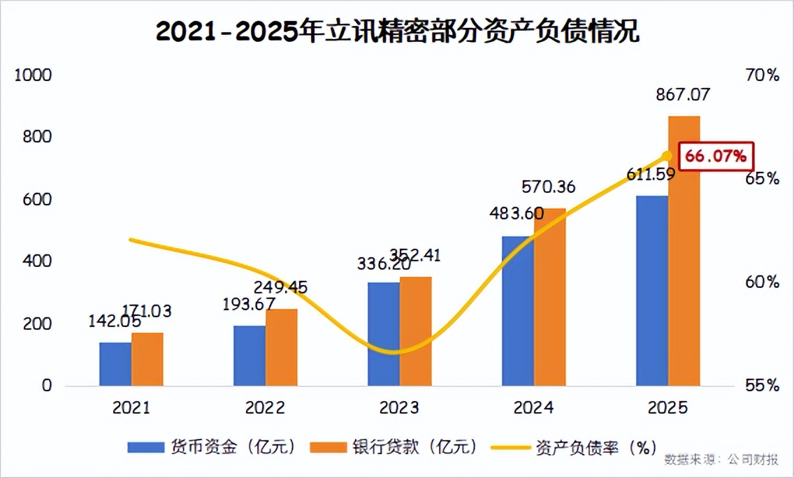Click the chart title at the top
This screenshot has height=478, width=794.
[x=397, y=32]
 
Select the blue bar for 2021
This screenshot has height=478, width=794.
[x=115, y=363]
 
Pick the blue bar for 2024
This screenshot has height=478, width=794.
[x=518, y=311]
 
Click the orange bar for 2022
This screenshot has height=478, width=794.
[x=281, y=347]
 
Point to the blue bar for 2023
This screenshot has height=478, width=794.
[x=384, y=334]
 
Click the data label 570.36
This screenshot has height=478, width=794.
[x=549, y=187]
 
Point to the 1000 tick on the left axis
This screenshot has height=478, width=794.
[x=34, y=75]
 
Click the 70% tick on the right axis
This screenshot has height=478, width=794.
[x=762, y=75]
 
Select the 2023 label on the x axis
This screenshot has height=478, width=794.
[x=398, y=408]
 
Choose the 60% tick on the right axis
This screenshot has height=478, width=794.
[x=762, y=282]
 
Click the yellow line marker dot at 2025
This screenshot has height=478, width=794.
[x=667, y=156]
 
